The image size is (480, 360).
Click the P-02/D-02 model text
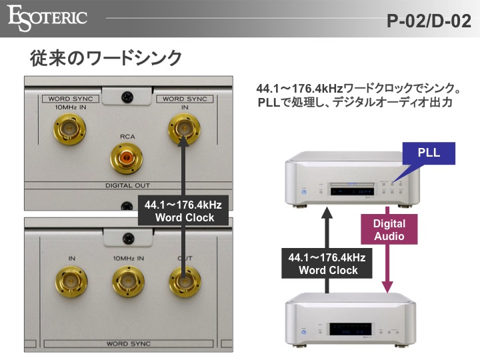pos(429,20)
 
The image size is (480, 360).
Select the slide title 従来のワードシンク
pos(106,58)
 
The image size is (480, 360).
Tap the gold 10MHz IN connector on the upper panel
pos(69,127)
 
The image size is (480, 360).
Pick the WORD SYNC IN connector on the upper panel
pos(183,127)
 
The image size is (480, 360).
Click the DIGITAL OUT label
pos(127,185)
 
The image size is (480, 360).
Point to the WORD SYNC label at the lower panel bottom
pos(128,343)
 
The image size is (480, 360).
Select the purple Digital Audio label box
pos(389,229)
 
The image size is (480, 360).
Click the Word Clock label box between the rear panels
pos(184,211)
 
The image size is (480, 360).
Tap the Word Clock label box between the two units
pos(328,263)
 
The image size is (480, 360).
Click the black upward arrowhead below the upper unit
pos(327,213)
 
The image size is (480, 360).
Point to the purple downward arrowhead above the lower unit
pos(389,287)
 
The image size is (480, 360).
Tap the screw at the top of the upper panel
pos(127,98)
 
